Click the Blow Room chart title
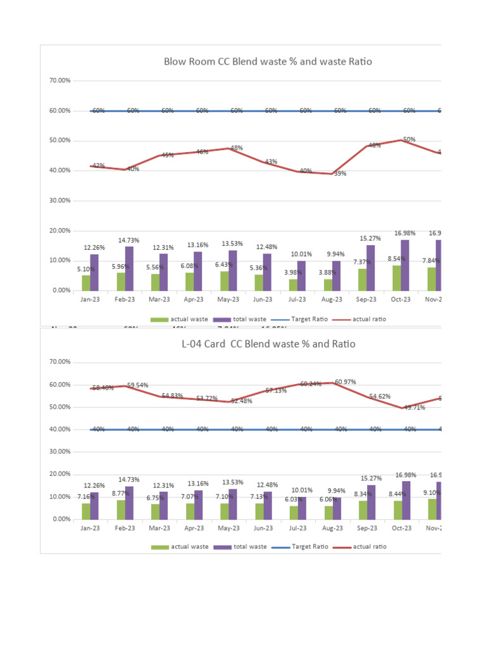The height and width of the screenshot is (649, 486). pyautogui.click(x=268, y=61)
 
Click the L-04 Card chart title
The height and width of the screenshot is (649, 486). pyautogui.click(x=268, y=344)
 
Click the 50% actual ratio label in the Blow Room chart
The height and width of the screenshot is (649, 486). pyautogui.click(x=409, y=139)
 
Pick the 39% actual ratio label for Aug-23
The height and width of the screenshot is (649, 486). pyautogui.click(x=340, y=174)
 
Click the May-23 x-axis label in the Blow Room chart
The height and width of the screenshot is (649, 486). pyautogui.click(x=228, y=299)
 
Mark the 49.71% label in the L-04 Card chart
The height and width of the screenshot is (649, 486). pyautogui.click(x=413, y=408)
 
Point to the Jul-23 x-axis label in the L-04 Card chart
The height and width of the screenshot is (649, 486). pyautogui.click(x=297, y=527)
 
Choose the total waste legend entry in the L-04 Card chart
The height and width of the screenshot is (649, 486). pyautogui.click(x=237, y=546)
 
